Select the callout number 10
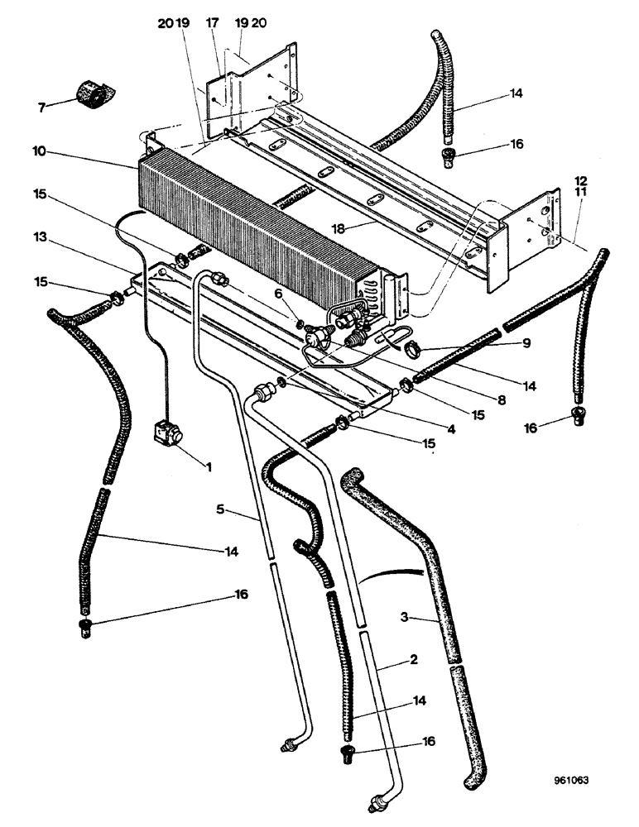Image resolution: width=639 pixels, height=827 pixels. [40, 152]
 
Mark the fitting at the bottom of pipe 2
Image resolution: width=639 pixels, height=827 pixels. [377, 801]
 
